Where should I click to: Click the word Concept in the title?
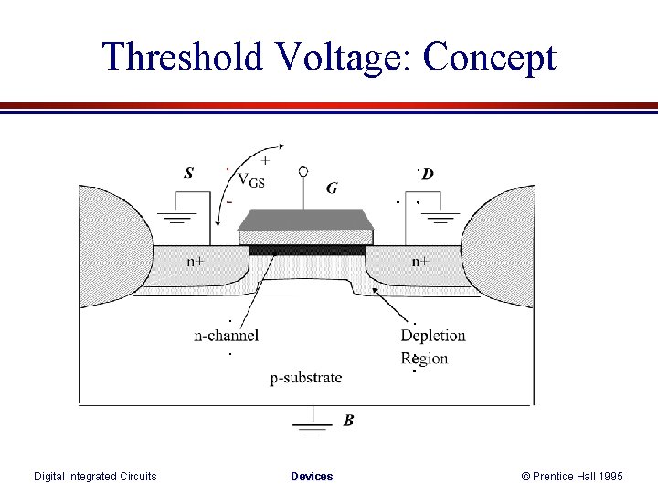coord(490,57)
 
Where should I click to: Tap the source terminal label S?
coord(188,173)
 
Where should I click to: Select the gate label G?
coord(332,188)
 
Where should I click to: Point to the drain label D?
coord(428,174)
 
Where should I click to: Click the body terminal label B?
coord(348,421)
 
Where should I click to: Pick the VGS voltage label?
coord(251,179)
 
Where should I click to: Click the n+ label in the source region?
coord(196,261)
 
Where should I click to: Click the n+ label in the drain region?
coord(419,261)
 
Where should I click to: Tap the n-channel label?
coord(227,335)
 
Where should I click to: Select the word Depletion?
coord(433,335)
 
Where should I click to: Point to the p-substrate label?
coord(306,377)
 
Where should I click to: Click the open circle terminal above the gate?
coord(302,171)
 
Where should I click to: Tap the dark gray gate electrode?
coord(305,220)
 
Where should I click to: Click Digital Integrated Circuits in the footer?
coord(95,476)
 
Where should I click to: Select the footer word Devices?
coord(312,476)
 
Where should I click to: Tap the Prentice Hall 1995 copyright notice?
coord(572,476)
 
